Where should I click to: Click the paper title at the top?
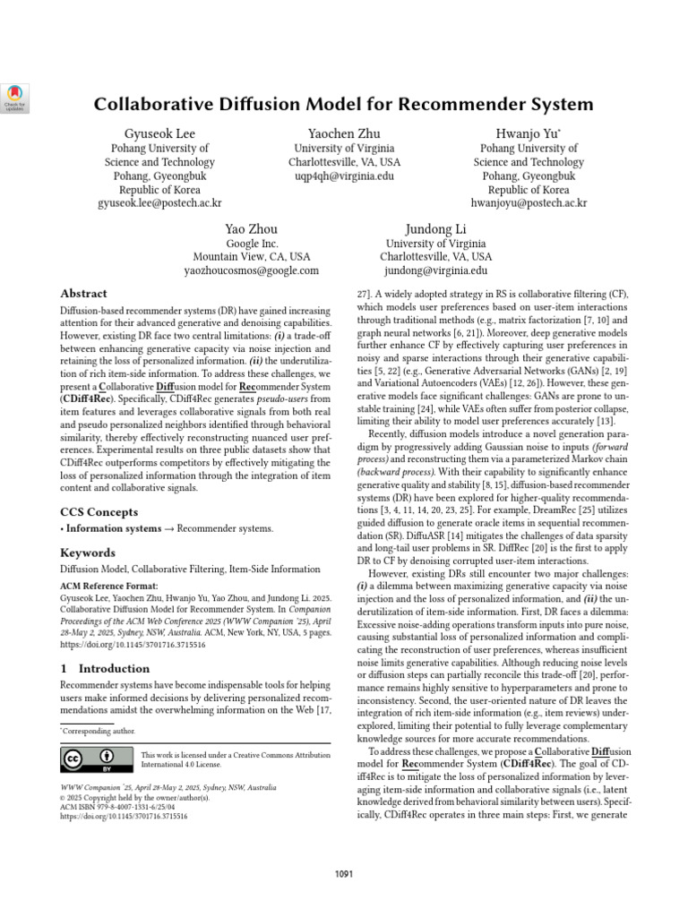point(344,103)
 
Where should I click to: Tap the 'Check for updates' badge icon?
point(17,96)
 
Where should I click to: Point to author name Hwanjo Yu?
point(529,133)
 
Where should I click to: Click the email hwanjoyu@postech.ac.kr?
point(529,203)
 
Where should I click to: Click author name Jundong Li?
point(436,229)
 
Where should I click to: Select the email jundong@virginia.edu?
point(436,270)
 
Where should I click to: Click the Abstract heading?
point(83,294)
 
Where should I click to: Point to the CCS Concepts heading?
point(99,512)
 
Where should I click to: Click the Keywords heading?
point(87,553)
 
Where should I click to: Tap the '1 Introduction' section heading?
point(105,668)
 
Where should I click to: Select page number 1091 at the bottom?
point(344,874)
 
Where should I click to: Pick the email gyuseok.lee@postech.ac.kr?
point(159,203)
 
